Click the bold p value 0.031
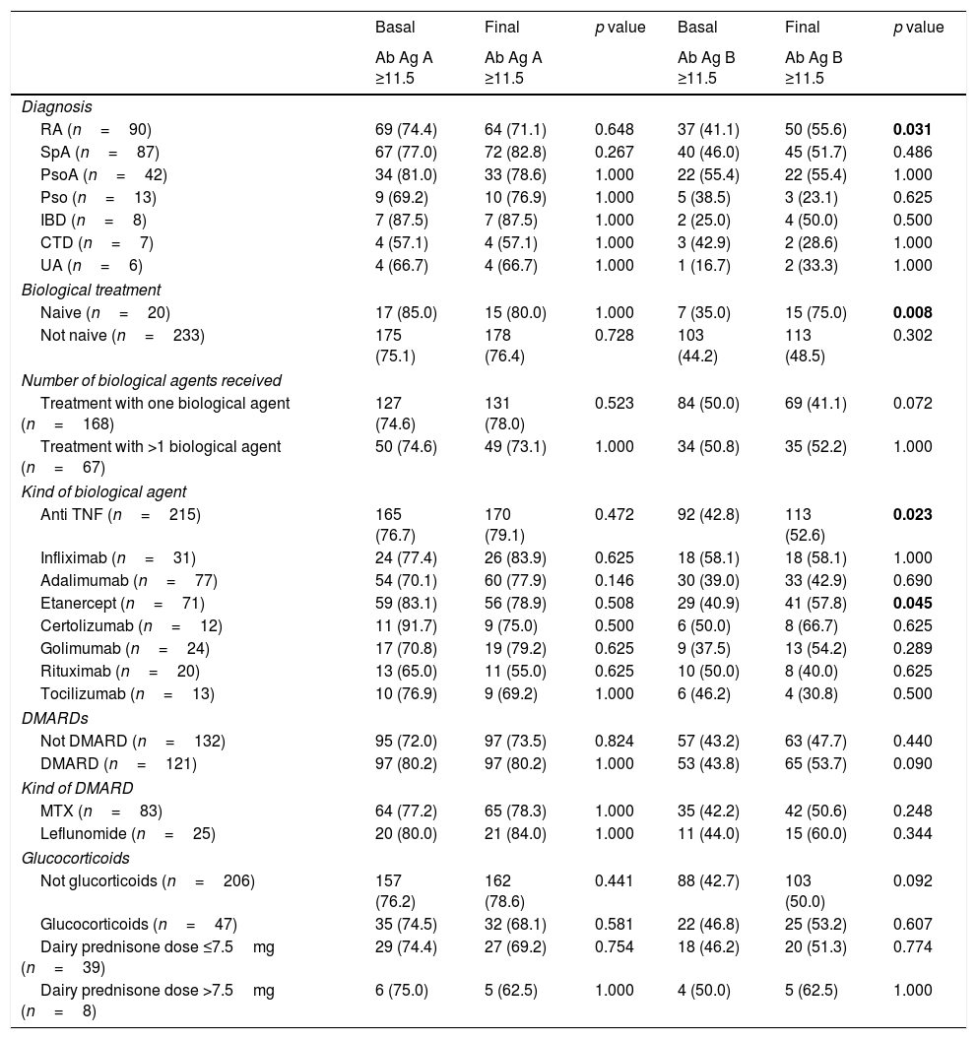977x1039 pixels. tap(912, 130)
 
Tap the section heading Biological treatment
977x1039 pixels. tap(91, 290)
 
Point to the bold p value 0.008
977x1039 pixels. tap(912, 312)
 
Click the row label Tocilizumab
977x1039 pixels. tap(127, 692)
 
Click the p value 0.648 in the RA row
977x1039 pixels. tap(615, 130)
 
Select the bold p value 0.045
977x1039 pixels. tap(912, 602)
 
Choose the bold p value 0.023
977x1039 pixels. tap(912, 513)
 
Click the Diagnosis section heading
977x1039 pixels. tap(56, 107)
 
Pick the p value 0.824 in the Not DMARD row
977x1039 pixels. tap(615, 741)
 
